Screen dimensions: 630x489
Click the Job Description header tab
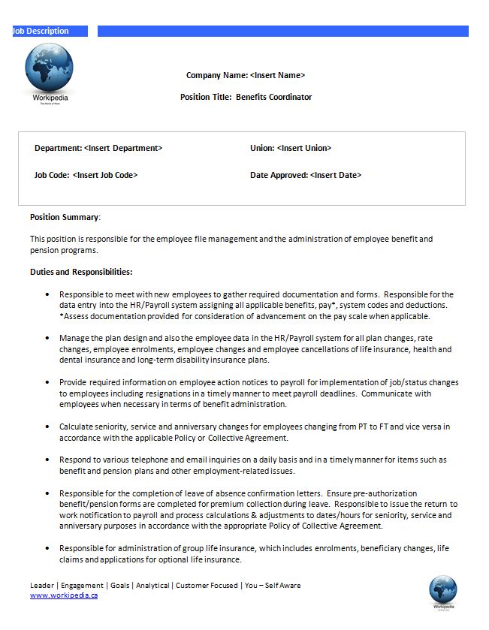pyautogui.click(x=41, y=31)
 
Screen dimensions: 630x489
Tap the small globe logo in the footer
pyautogui.click(x=443, y=589)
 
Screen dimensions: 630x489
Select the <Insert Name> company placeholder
pyautogui.click(x=277, y=75)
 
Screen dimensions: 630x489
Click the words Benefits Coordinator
pyautogui.click(x=273, y=97)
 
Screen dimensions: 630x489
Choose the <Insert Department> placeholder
pyautogui.click(x=123, y=148)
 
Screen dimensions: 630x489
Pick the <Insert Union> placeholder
pyautogui.click(x=303, y=148)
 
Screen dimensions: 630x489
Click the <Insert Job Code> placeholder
pyautogui.click(x=105, y=175)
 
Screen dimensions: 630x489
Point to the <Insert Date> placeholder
pyautogui.click(x=335, y=175)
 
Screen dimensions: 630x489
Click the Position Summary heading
pyautogui.click(x=65, y=217)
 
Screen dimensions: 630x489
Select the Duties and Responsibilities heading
pyautogui.click(x=81, y=272)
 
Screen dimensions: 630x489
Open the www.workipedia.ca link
pyautogui.click(x=64, y=595)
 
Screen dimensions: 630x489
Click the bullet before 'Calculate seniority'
pyautogui.click(x=48, y=427)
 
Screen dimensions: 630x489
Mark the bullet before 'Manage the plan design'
pyautogui.click(x=48, y=339)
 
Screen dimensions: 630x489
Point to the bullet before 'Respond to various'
pyautogui.click(x=48, y=460)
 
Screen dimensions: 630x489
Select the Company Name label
pyautogui.click(x=217, y=75)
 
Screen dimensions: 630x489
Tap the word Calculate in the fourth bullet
pyautogui.click(x=76, y=427)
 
